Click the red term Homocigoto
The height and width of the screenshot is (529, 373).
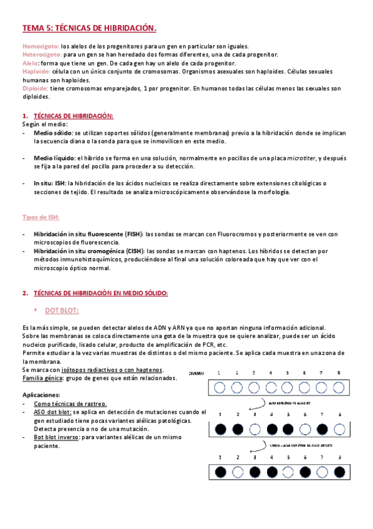40,46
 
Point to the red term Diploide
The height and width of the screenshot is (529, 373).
36,89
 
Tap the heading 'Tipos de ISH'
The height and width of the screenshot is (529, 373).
40,217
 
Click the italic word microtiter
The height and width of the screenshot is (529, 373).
301,158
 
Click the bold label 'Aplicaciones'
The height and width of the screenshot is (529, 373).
41,395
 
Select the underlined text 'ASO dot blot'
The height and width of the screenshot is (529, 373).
53,412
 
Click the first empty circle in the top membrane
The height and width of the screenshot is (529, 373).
220,387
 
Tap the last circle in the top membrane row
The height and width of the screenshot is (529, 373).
338,387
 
